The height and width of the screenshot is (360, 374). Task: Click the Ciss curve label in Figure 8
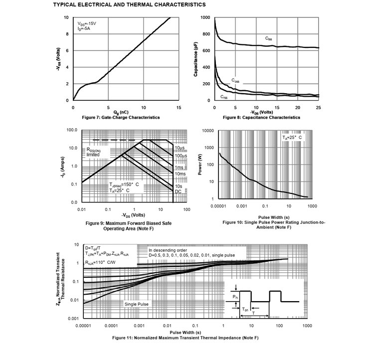(x=271, y=38)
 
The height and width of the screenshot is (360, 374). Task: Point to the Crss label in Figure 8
(x=225, y=96)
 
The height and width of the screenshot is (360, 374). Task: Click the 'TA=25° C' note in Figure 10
(x=292, y=137)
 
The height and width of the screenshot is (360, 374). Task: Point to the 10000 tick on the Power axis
(x=206, y=130)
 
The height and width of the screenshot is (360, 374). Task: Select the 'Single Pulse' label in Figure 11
(x=137, y=304)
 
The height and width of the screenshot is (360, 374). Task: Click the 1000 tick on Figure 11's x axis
(x=307, y=325)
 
